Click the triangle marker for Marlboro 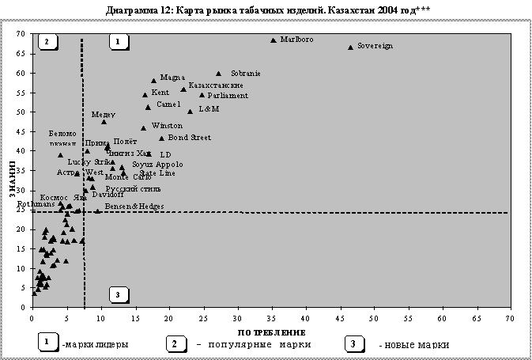click(x=274, y=40)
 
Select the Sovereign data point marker click(x=350, y=47)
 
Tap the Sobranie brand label click(x=246, y=74)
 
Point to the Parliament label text click(x=228, y=96)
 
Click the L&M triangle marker click(x=190, y=112)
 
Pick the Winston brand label click(x=167, y=126)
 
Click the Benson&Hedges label click(x=134, y=207)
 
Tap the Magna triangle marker click(x=154, y=81)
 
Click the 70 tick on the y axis click(x=21, y=34)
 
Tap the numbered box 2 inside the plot click(x=47, y=41)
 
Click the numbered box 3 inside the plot click(x=118, y=295)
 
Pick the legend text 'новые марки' click(x=414, y=345)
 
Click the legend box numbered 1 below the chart click(x=47, y=343)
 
